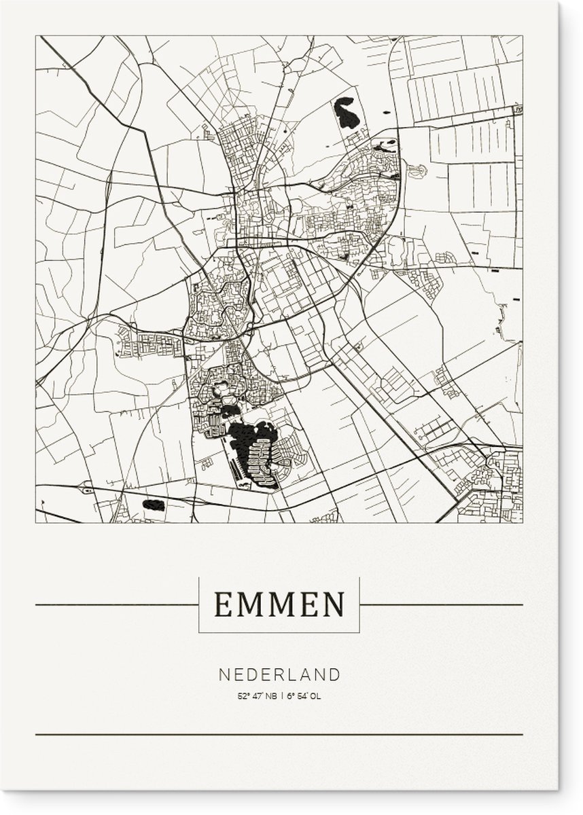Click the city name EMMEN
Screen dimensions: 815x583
pyautogui.click(x=279, y=603)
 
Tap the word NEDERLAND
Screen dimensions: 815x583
pyautogui.click(x=279, y=656)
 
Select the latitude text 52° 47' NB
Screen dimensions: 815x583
pyautogui.click(x=256, y=677)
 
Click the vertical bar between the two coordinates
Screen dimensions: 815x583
pyautogui.click(x=281, y=677)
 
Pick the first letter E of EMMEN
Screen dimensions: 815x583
pyautogui.click(x=222, y=603)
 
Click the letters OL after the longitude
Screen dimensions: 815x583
pyautogui.click(x=315, y=677)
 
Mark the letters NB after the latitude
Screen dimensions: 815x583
pyautogui.click(x=270, y=677)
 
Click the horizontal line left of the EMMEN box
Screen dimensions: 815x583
pyautogui.click(x=116, y=604)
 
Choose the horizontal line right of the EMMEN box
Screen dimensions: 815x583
pyautogui.click(x=441, y=604)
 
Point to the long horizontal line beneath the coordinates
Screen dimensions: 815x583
pyautogui.click(x=279, y=734)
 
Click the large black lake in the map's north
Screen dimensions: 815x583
pyautogui.click(x=346, y=113)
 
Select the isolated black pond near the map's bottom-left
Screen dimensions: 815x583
pyautogui.click(x=154, y=505)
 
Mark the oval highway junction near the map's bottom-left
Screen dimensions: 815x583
pyautogui.click(x=86, y=487)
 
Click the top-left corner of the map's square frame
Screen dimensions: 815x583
pyautogui.click(x=36, y=36)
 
